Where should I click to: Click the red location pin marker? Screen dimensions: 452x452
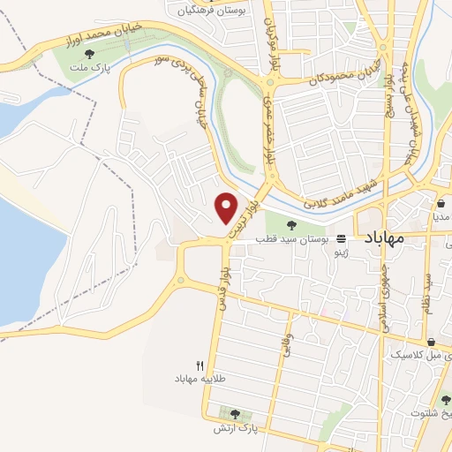pos(227,207)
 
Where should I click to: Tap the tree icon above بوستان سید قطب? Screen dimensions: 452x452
pos(292,224)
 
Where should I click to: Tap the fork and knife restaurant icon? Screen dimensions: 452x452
pos(200,365)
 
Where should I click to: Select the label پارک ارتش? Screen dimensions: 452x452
pos(234,428)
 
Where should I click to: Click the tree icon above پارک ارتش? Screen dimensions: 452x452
pos(235,413)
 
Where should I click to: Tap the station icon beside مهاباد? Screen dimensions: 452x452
pos(341,238)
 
